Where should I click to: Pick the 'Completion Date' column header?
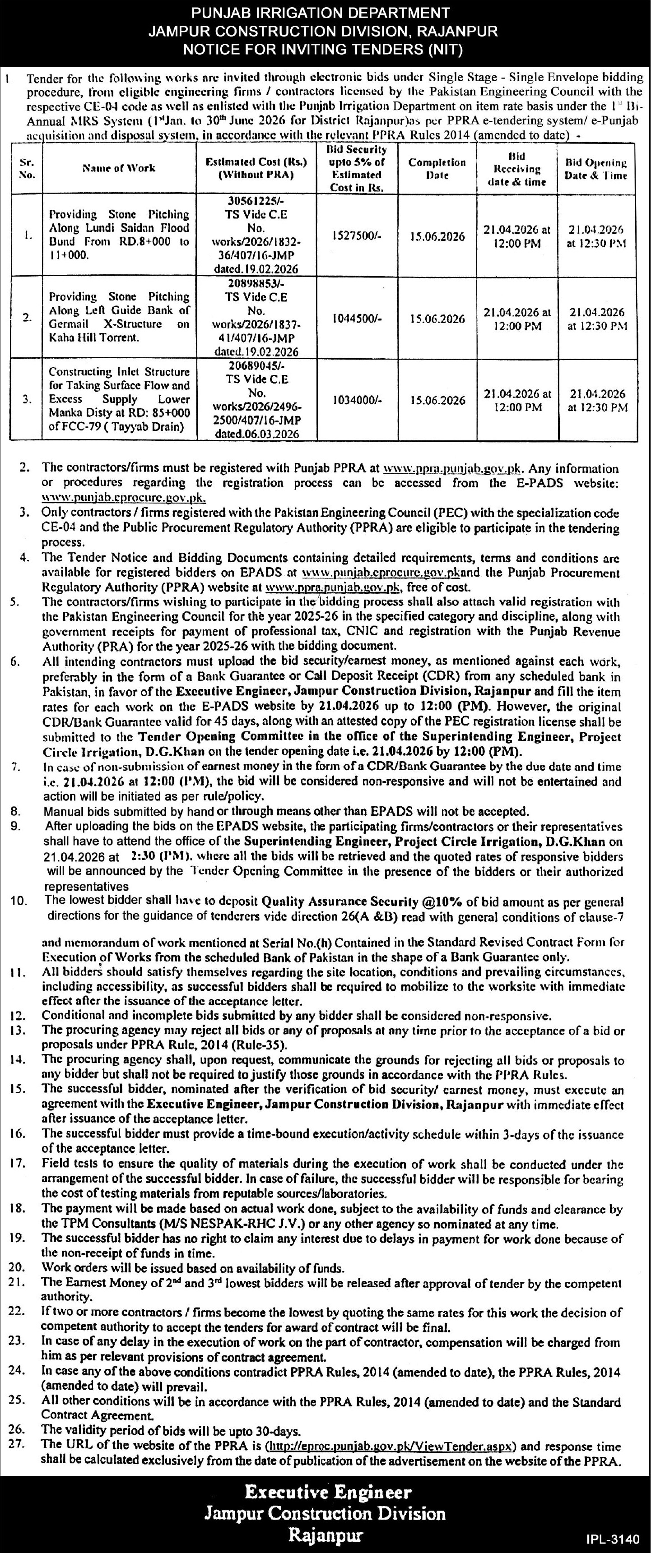[x=437, y=169]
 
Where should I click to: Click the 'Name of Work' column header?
[x=119, y=168]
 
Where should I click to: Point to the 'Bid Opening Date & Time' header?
[x=596, y=169]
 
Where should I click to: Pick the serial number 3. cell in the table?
[x=27, y=399]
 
